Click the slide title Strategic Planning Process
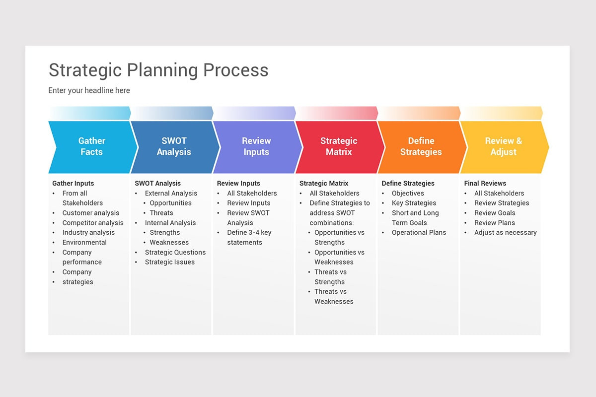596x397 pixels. (158, 70)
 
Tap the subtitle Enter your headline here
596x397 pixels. (89, 90)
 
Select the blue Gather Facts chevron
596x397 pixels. (92, 146)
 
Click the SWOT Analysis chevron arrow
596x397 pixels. (174, 146)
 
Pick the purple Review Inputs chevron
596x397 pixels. (256, 146)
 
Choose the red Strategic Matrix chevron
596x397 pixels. (339, 146)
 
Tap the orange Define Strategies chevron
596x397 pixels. (421, 146)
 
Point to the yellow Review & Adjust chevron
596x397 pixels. (504, 146)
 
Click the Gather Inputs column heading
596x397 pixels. (73, 183)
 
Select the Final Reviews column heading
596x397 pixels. (485, 183)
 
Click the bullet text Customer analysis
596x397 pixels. (91, 213)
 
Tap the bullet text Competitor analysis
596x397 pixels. (93, 223)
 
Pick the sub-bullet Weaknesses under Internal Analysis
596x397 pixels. (169, 242)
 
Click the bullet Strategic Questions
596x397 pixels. (175, 252)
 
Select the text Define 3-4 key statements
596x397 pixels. (249, 237)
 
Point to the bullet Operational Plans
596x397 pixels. (419, 232)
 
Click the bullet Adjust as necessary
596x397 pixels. (505, 232)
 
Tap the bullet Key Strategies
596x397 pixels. (414, 203)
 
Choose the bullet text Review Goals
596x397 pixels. (495, 213)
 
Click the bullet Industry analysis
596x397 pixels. (88, 232)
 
